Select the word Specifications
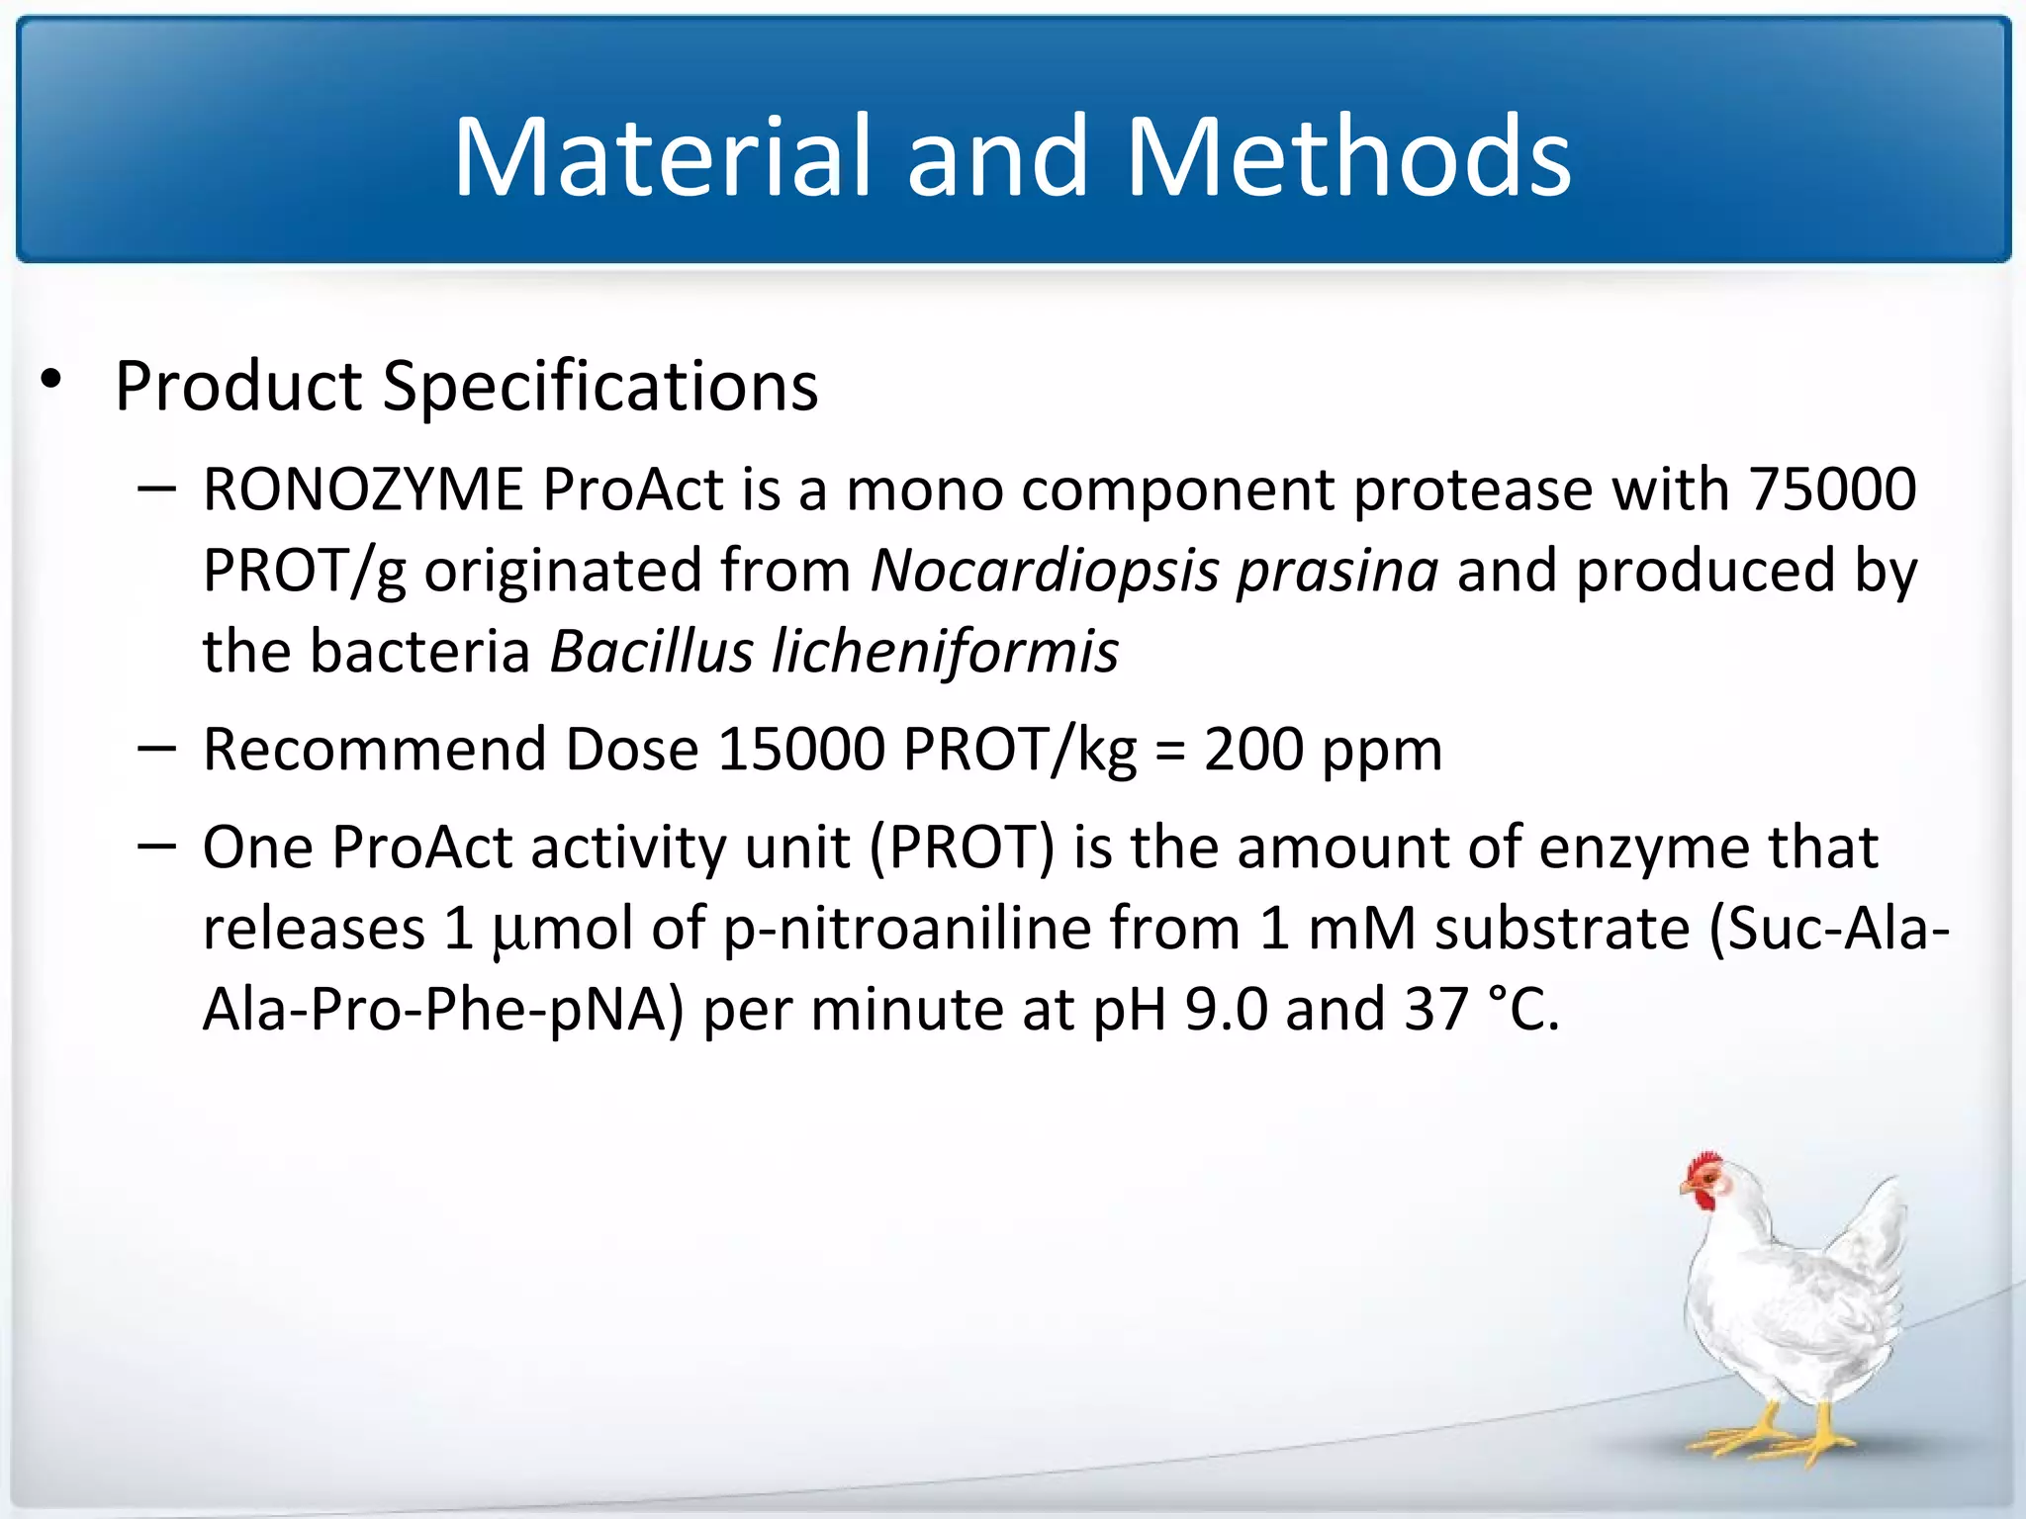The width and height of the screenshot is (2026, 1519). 600,387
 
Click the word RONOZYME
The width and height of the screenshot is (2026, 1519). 363,490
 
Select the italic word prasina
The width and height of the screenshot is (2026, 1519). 1337,572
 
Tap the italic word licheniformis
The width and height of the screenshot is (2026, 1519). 945,653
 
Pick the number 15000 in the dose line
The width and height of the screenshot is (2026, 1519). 800,750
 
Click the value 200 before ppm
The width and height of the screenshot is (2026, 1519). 1253,750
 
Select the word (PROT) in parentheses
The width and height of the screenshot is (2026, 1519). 963,849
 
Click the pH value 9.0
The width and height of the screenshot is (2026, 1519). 1225,1011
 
